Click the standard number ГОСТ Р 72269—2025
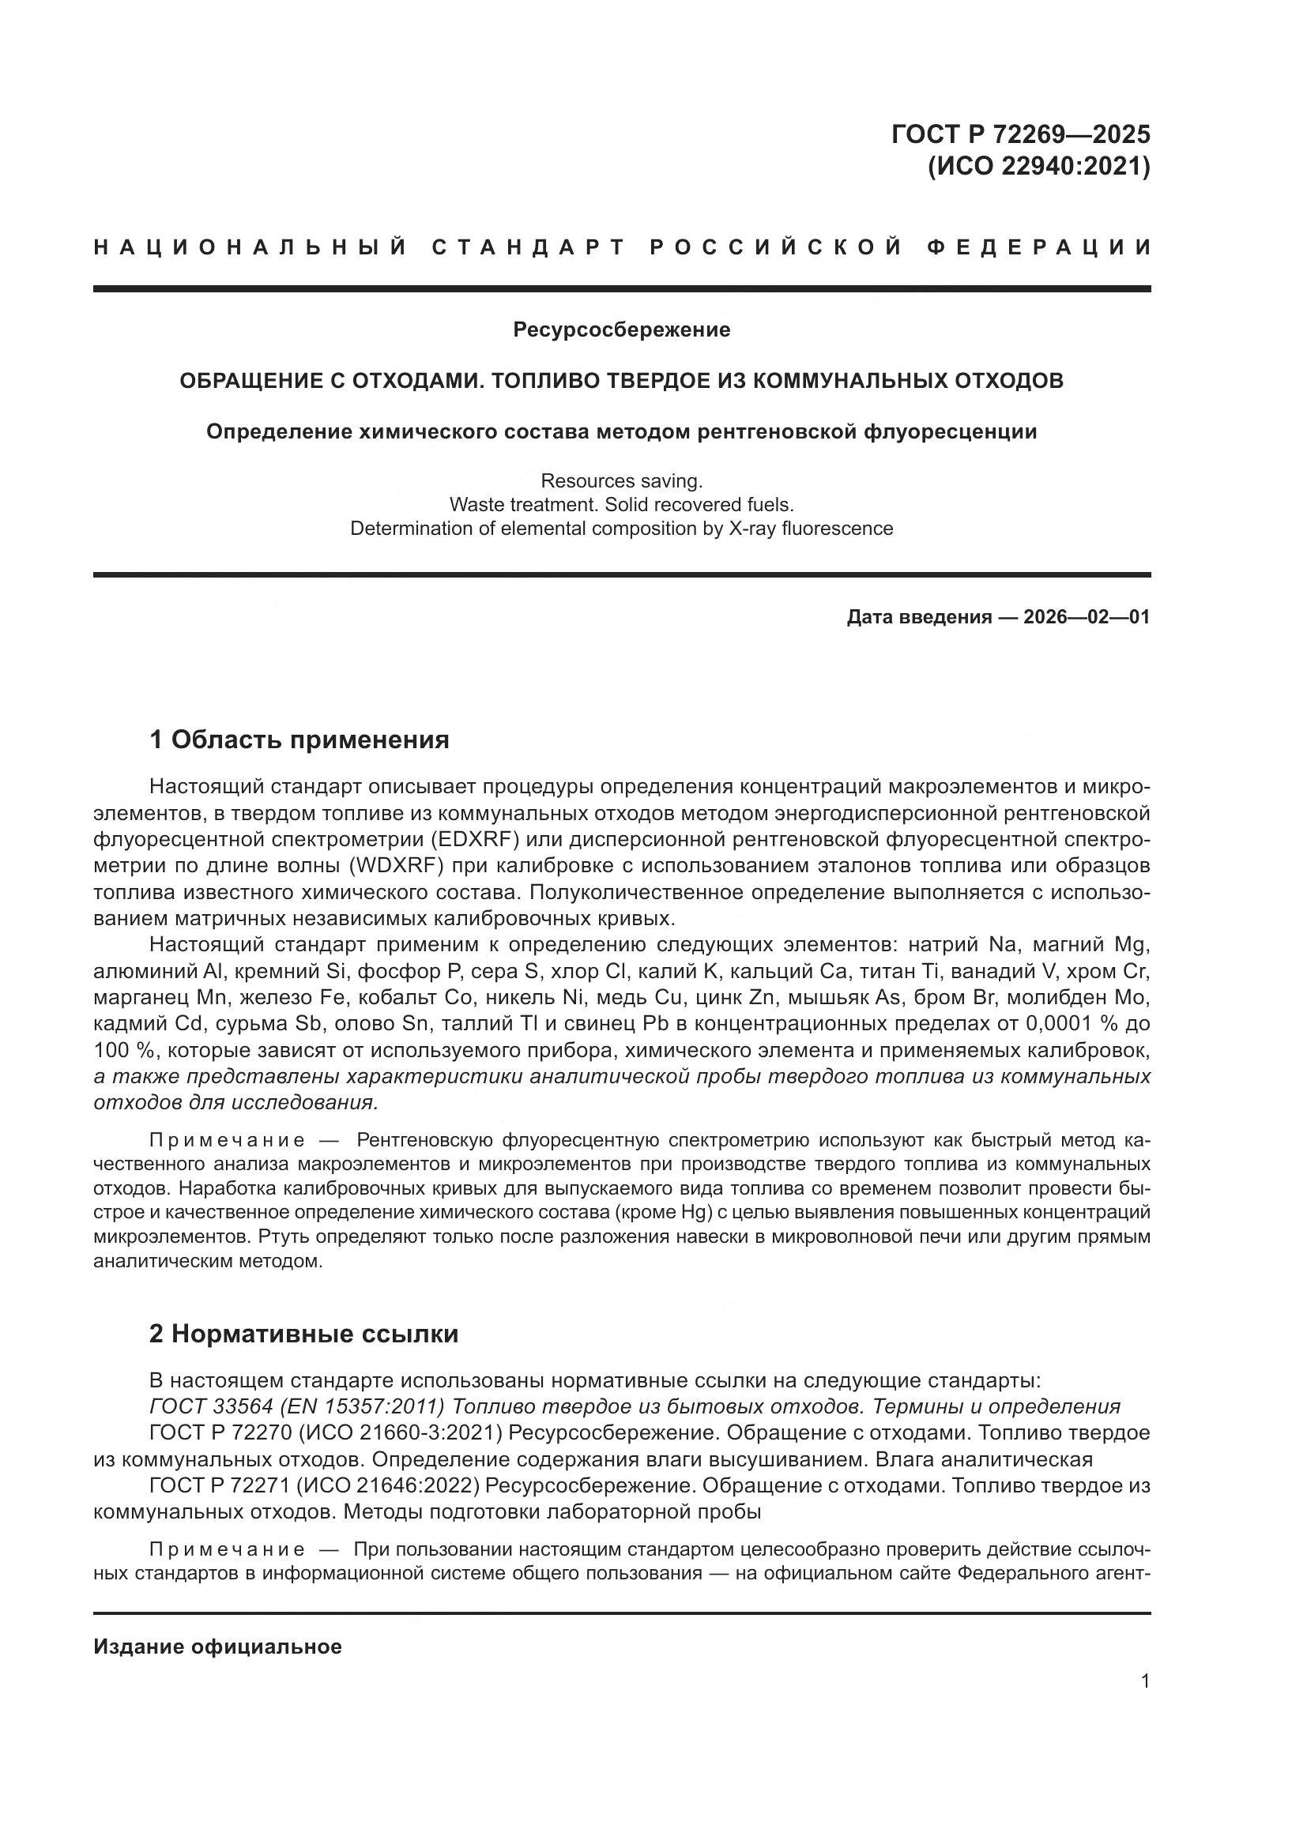1019,134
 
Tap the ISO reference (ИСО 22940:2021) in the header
1038,167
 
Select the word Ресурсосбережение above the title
621,329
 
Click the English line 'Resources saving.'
621,480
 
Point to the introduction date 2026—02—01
1087,617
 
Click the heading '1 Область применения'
299,739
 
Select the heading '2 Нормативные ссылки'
303,1334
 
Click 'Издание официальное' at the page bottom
217,1647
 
